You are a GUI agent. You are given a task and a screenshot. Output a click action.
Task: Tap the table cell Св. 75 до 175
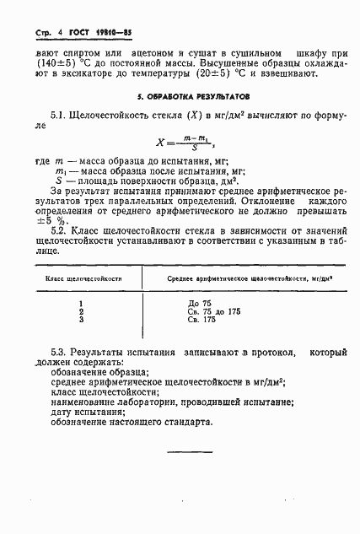pyautogui.click(x=215, y=311)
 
